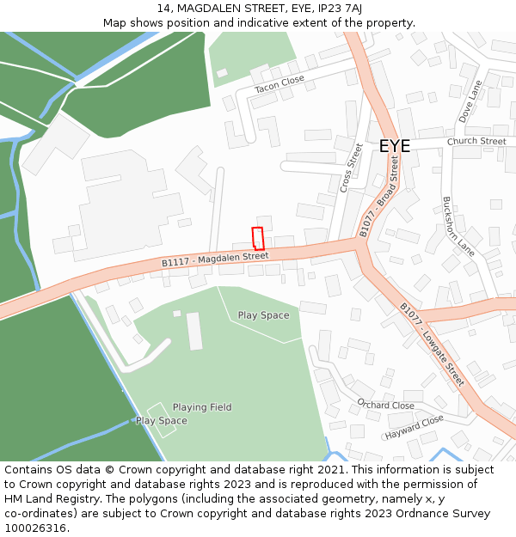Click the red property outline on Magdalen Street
point(257,238)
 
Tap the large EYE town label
point(395,146)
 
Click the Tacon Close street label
point(279,84)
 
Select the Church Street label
point(476,142)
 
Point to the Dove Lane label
point(471,101)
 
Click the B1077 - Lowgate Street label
point(432,344)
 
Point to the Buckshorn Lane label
point(458,226)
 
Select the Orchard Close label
point(385,405)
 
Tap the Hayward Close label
point(415,425)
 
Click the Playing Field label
point(202,407)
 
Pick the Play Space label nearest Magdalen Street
point(263,315)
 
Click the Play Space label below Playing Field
point(162,421)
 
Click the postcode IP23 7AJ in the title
point(330,8)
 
